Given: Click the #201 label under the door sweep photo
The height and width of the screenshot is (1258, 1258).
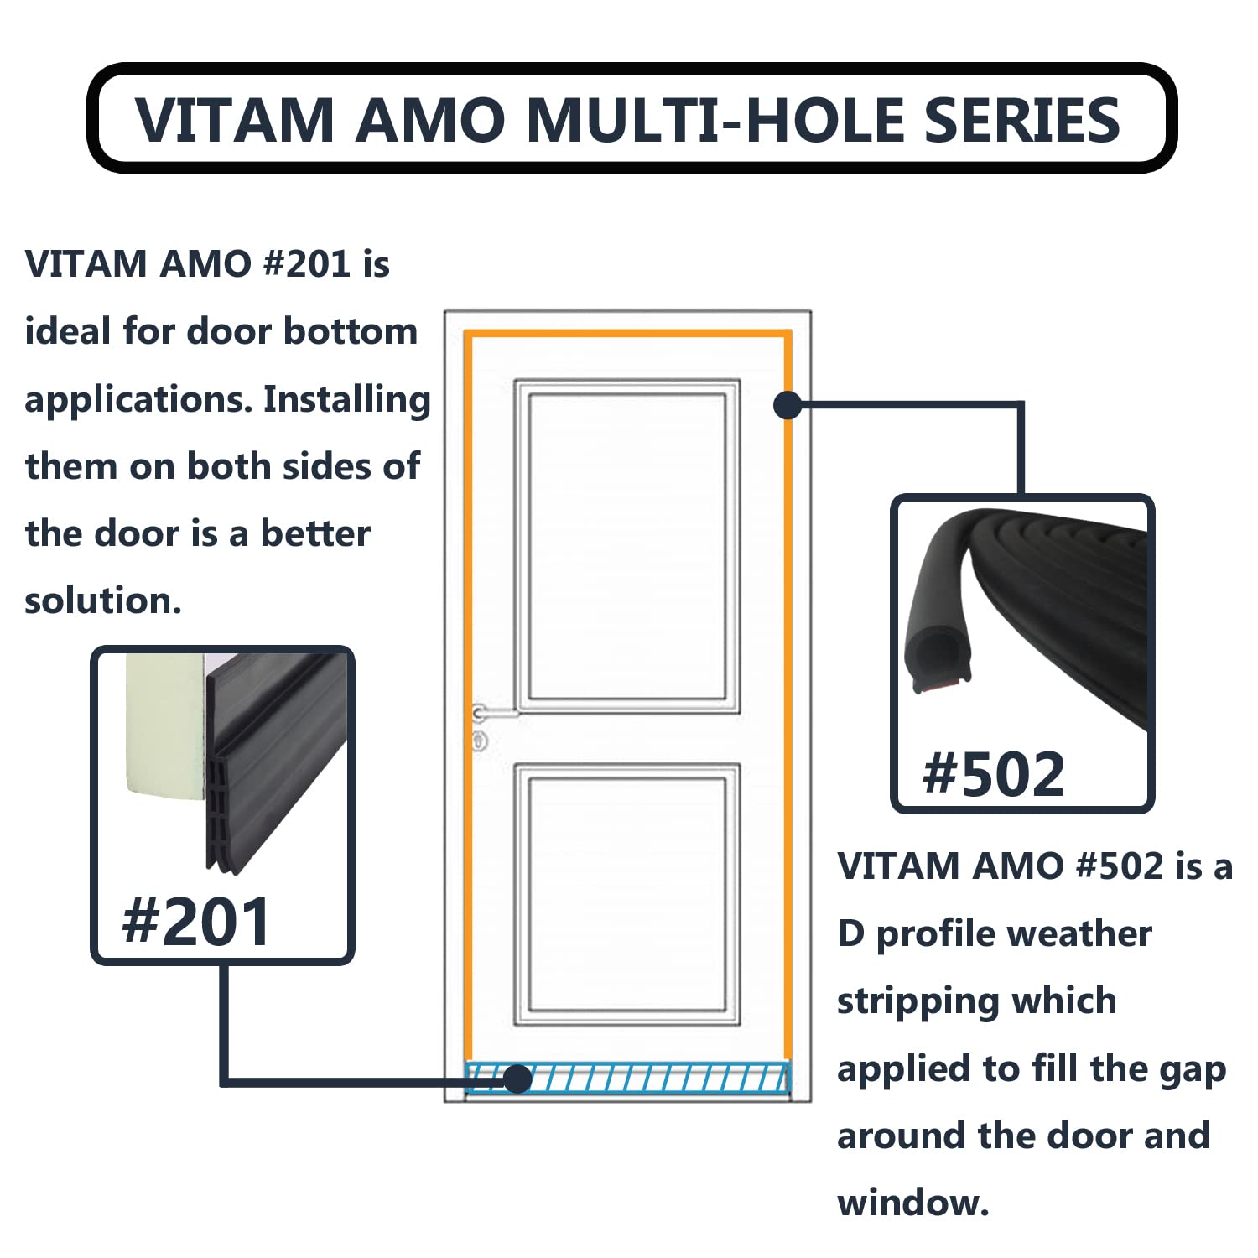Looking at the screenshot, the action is tap(196, 921).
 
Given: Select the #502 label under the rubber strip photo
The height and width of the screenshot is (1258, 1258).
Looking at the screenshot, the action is tap(993, 772).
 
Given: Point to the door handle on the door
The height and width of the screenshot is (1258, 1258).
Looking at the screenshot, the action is tap(495, 713).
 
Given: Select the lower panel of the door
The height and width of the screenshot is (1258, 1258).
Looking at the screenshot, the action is tap(627, 894).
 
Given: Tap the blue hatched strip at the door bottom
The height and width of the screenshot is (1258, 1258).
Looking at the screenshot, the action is tap(627, 1078).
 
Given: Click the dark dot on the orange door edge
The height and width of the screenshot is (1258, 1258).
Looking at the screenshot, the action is tap(788, 405).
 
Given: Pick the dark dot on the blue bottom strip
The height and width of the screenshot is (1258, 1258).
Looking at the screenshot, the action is tap(518, 1079).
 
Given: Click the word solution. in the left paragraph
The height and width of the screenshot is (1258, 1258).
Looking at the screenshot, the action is tap(103, 600).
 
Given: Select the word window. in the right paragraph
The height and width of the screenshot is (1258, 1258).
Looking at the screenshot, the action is tap(913, 1203).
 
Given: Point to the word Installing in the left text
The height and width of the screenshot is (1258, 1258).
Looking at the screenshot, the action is tap(347, 399).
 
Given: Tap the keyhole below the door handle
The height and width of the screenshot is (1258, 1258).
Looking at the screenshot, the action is tap(480, 741).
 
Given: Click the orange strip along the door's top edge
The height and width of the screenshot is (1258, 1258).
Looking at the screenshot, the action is tap(628, 334).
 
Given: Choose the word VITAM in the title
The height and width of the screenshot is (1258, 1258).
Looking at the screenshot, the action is tap(235, 119).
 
